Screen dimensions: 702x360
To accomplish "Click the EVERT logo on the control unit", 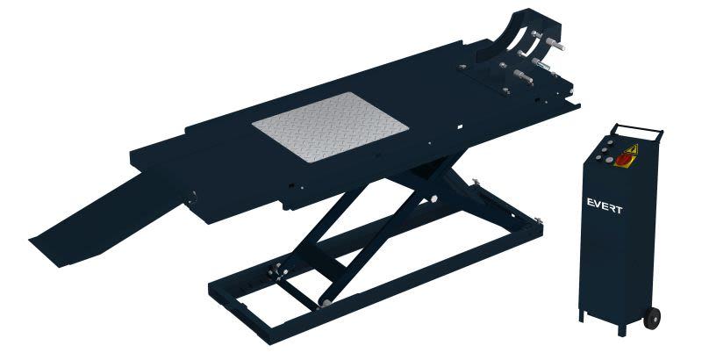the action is click(x=605, y=206).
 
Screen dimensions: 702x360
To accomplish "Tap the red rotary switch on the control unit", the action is click(x=622, y=161).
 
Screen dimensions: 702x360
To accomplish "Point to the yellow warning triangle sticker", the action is click(x=631, y=149).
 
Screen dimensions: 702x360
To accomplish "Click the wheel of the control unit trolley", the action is click(x=652, y=318).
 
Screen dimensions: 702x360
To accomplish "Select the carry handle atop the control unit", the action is click(x=638, y=128).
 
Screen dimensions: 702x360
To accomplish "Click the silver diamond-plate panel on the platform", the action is click(x=331, y=126).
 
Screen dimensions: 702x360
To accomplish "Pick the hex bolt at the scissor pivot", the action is click(x=433, y=199).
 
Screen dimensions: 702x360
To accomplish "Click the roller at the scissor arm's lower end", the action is click(x=326, y=303).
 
